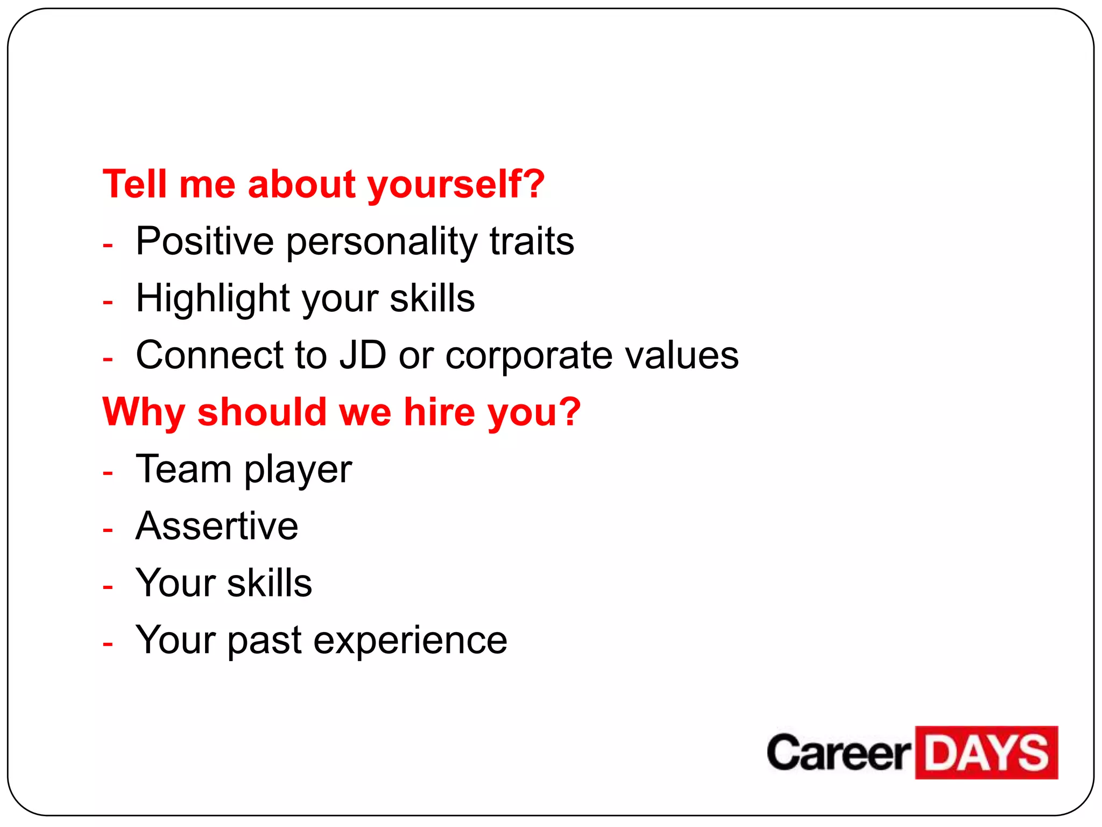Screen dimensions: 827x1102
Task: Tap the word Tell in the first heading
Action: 135,184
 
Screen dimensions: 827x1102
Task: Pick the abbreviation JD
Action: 363,355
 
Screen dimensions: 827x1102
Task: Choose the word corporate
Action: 529,356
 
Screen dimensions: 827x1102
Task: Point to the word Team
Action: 183,469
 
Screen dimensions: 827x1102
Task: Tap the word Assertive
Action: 217,526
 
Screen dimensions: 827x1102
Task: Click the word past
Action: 264,641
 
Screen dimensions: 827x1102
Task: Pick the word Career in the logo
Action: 839,753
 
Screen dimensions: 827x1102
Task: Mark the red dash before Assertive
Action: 108,530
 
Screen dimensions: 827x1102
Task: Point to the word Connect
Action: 209,355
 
